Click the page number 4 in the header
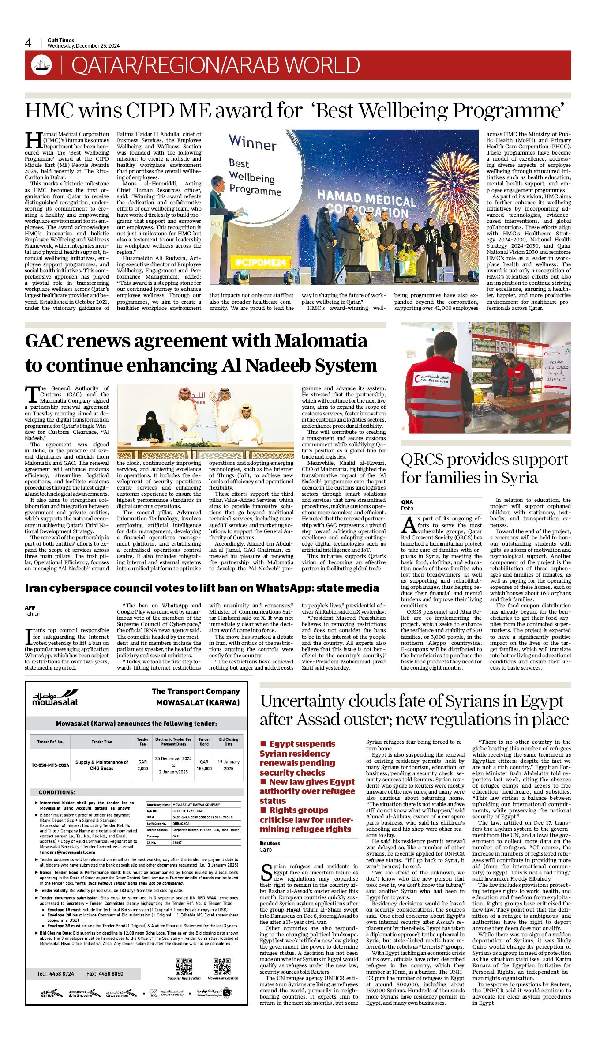click(x=28, y=43)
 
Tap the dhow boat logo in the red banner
click(x=41, y=65)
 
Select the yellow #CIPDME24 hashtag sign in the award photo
click(x=255, y=262)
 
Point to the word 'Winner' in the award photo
click(x=252, y=143)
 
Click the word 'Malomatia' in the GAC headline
click(x=321, y=341)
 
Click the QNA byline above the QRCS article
click(x=407, y=502)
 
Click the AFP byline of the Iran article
click(x=30, y=607)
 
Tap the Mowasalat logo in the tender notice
click(x=55, y=698)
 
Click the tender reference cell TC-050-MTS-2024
click(x=50, y=765)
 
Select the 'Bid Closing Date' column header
click(x=228, y=742)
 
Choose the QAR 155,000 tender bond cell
click(x=204, y=765)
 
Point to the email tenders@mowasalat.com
click(x=61, y=852)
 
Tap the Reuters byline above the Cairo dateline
click(x=270, y=843)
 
